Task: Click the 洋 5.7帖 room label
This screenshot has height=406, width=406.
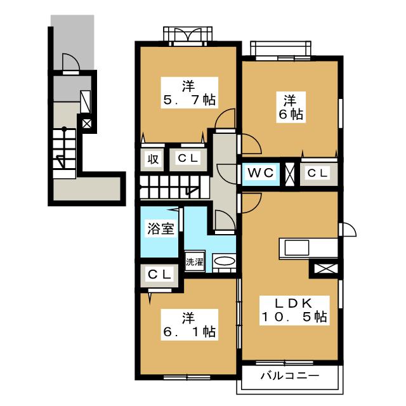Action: [x=189, y=93]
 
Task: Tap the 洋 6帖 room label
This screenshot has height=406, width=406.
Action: [x=291, y=107]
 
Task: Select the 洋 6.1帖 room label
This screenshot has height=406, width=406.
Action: [x=189, y=325]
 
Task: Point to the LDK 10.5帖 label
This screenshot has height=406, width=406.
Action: [x=294, y=310]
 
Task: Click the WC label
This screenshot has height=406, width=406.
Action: [x=261, y=173]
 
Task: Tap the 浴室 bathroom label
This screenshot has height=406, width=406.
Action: [x=160, y=228]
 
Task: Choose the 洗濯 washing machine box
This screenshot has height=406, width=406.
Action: [x=195, y=262]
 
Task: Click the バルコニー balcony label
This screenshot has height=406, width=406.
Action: [x=290, y=376]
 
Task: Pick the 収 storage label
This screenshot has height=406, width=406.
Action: [x=153, y=159]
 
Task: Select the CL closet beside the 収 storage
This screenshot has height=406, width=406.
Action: [x=188, y=159]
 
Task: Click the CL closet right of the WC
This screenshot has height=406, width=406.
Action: [x=318, y=173]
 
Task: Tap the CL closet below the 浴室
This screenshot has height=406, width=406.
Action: [x=160, y=275]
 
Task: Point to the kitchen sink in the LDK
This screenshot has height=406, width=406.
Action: [x=297, y=248]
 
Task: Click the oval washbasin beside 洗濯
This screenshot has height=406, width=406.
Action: [x=224, y=261]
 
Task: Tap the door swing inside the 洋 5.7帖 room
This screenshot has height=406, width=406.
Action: [x=225, y=118]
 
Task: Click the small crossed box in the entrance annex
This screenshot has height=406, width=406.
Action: [x=87, y=124]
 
